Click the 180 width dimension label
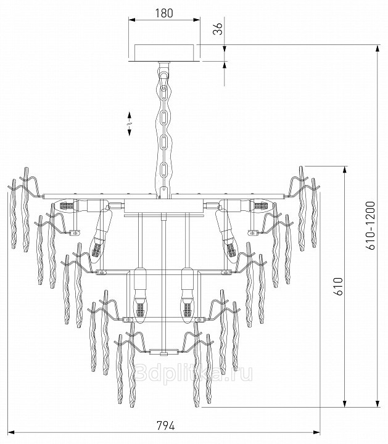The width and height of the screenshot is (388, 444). click(164, 13)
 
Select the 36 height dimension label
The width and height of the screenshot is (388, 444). click(218, 28)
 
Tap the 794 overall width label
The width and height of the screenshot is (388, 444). click(166, 425)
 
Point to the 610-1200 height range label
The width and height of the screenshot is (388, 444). click(370, 226)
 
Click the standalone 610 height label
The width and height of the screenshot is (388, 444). click(338, 286)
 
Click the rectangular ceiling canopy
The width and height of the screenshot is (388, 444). click(165, 52)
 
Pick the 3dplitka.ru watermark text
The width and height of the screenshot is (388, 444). click(193, 373)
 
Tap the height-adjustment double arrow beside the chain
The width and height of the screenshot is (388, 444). click(130, 124)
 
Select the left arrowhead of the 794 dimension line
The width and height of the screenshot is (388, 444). click(10, 432)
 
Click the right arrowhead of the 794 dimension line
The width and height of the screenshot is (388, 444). click(316, 432)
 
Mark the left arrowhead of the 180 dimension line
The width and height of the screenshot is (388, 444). click(132, 20)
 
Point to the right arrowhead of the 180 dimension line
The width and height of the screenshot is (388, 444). click(197, 20)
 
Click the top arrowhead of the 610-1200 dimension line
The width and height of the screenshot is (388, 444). click(377, 48)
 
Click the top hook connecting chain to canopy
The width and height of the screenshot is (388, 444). click(163, 70)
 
